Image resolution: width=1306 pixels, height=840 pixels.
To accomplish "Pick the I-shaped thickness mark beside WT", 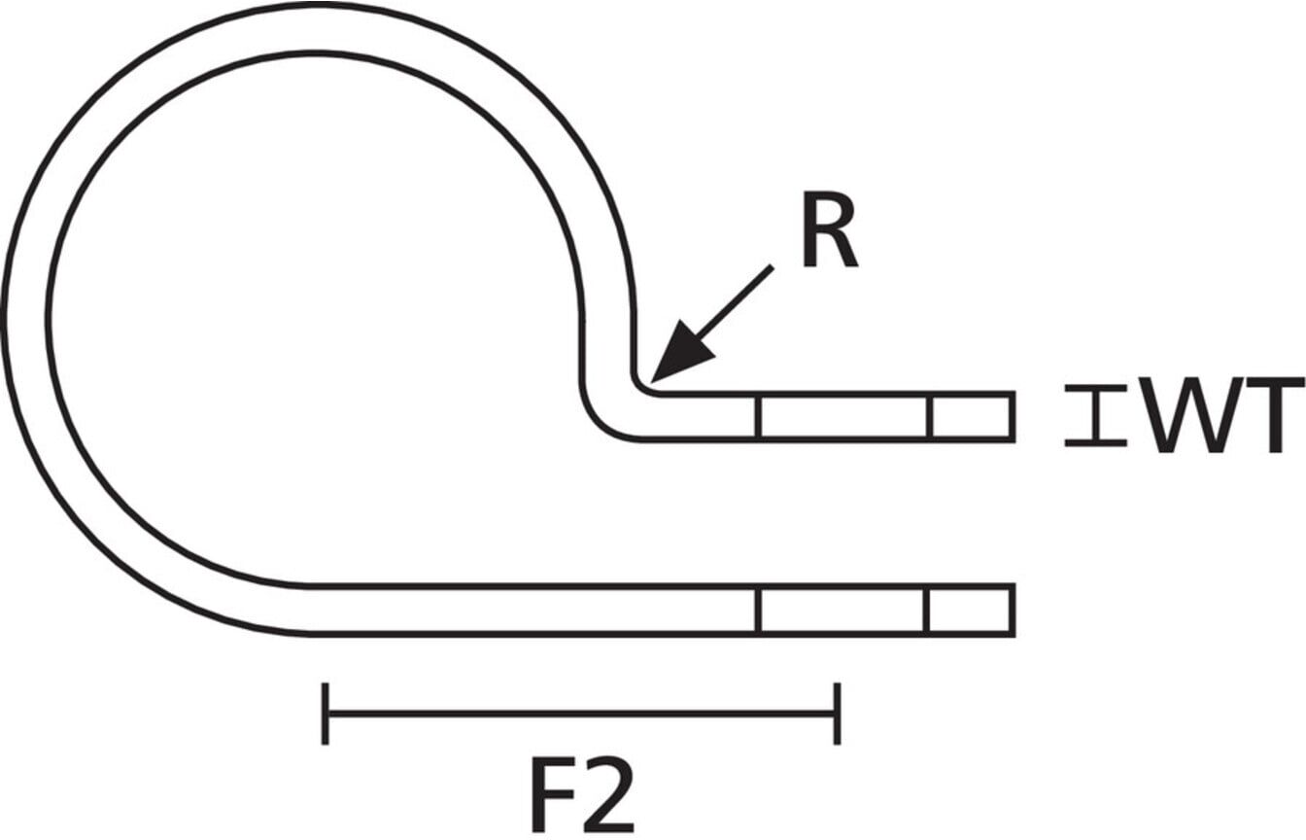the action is (1095, 415).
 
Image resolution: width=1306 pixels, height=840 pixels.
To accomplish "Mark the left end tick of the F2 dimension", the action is (325, 714).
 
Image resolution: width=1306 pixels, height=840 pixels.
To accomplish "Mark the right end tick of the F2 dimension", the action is (837, 714).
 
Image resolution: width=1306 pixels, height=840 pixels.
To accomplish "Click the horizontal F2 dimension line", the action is (581, 713).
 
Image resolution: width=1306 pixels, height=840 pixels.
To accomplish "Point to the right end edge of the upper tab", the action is (1013, 417).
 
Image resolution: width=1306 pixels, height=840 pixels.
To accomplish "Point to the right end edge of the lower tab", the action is (1013, 610).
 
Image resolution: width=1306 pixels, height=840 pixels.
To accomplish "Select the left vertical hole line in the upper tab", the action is (758, 417).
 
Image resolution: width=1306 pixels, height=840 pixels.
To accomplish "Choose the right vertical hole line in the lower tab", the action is (927, 611).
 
